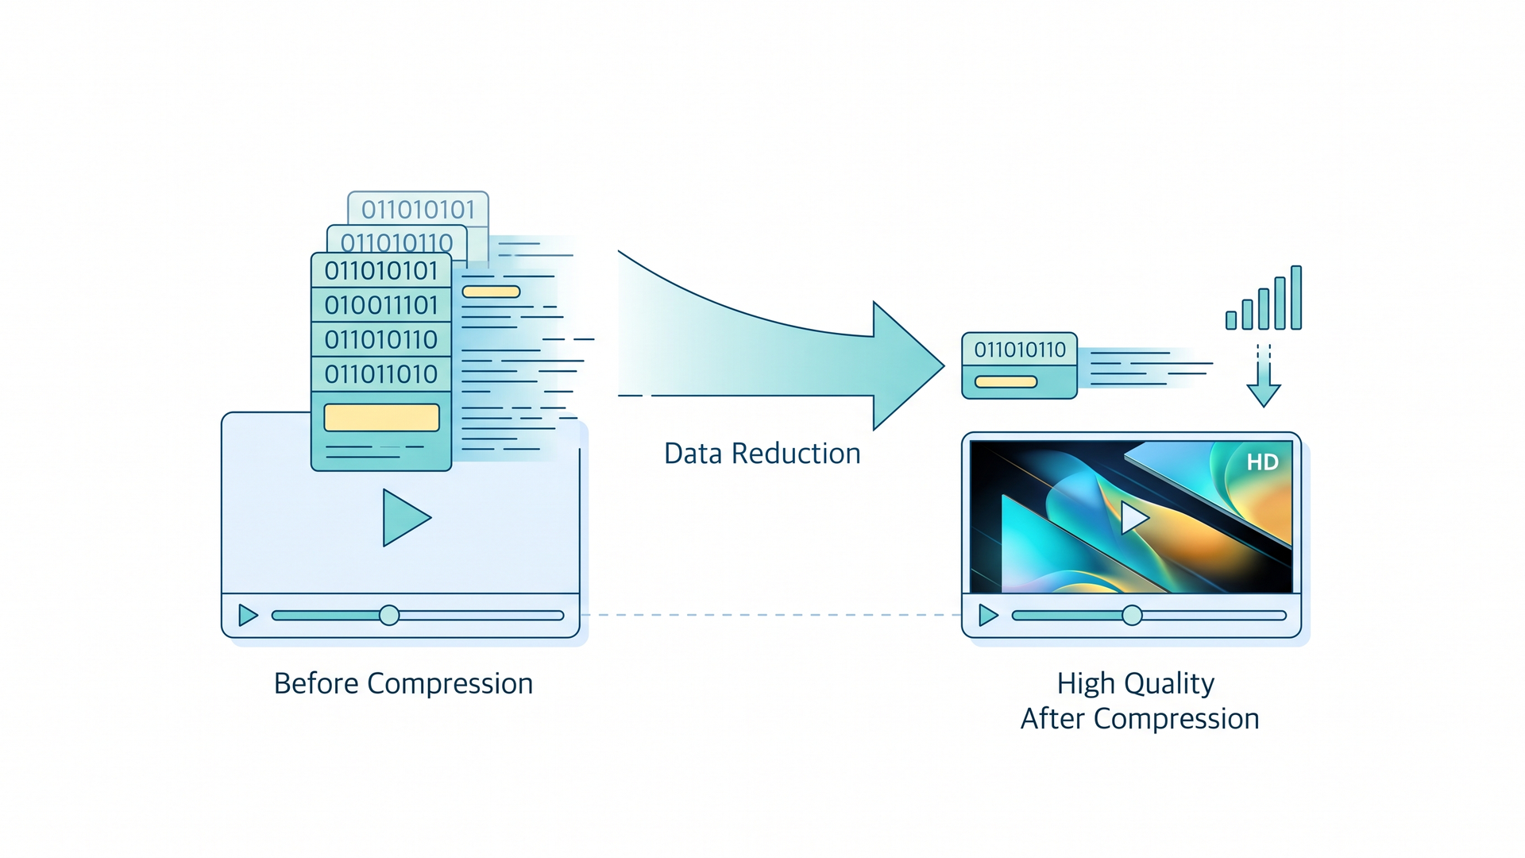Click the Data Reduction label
[x=762, y=454]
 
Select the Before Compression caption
[x=403, y=684]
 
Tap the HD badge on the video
[x=1262, y=462]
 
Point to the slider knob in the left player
[x=389, y=616]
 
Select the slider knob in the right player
[x=1132, y=616]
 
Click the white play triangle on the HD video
[x=1134, y=518]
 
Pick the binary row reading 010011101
[x=381, y=305]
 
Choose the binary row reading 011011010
[x=381, y=374]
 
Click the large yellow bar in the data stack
[x=382, y=418]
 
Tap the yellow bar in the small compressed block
[x=1006, y=382]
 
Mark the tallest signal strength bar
[x=1296, y=297]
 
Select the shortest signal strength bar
[x=1231, y=320]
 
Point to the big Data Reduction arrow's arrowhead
[x=909, y=366]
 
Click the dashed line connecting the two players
[x=770, y=615]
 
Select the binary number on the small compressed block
[x=1020, y=350]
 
